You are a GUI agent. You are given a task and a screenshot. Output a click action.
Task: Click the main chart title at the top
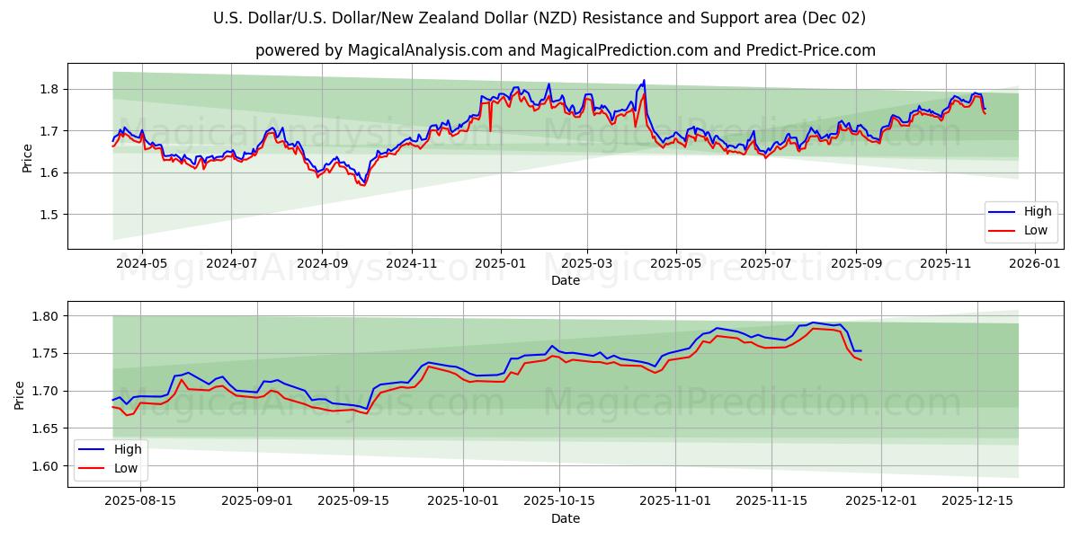point(539,18)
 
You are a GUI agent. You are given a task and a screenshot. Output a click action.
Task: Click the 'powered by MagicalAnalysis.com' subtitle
point(565,50)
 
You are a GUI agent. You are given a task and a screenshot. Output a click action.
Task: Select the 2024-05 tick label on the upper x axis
point(142,264)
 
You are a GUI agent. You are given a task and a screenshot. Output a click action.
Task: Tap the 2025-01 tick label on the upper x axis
point(500,264)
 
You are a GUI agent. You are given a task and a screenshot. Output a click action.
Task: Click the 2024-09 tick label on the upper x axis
point(322,264)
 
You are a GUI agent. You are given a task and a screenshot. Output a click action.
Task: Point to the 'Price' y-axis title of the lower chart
point(20,393)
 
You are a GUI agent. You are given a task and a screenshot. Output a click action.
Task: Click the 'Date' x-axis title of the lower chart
point(565,518)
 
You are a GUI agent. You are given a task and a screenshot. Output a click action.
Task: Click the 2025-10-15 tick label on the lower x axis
point(559,501)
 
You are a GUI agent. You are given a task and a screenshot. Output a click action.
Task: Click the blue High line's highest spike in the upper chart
point(644,80)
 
